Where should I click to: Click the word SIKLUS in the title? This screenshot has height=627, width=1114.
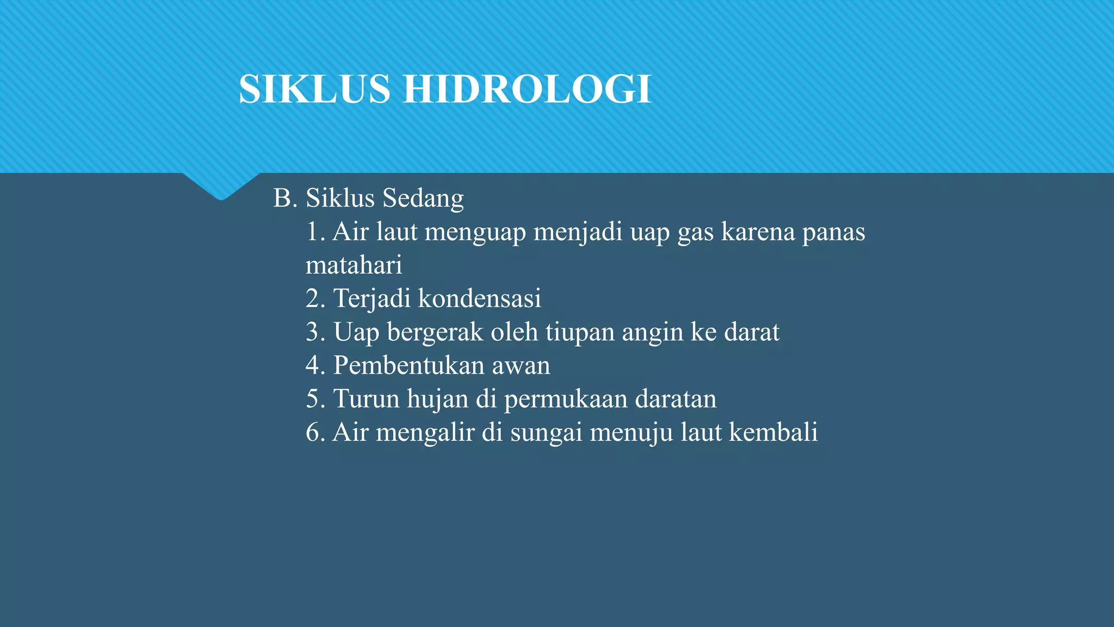(x=314, y=89)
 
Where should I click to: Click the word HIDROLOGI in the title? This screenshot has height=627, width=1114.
(x=527, y=89)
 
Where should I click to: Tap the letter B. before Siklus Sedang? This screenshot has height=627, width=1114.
(x=285, y=198)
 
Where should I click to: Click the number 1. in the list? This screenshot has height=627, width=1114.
(x=315, y=232)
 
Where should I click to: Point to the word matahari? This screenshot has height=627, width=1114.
(x=354, y=266)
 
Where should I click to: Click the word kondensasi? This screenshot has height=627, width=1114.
(x=479, y=299)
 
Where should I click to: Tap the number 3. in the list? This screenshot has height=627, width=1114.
(x=315, y=333)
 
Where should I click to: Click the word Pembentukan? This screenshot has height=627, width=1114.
(x=409, y=366)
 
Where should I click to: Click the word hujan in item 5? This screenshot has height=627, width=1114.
(x=437, y=399)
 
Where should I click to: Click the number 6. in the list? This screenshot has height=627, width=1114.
(x=315, y=433)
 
